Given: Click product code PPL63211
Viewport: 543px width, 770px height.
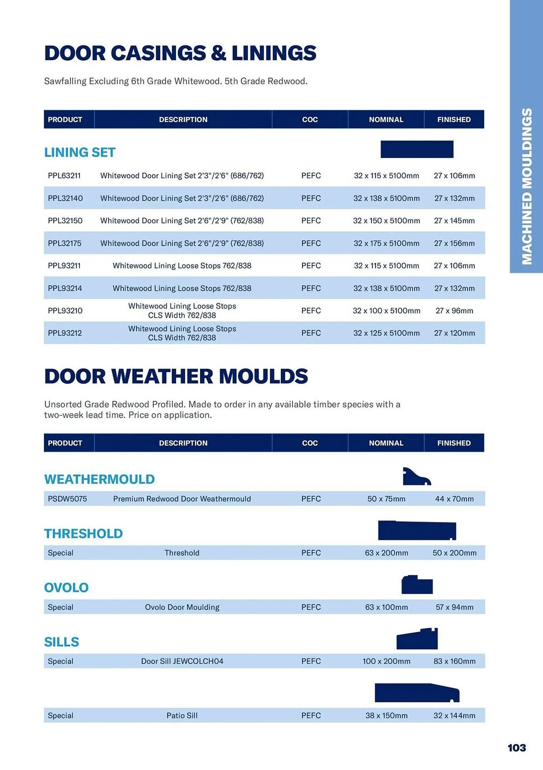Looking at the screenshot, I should click(x=64, y=176).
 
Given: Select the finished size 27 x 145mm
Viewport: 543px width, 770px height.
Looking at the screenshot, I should click(x=454, y=221).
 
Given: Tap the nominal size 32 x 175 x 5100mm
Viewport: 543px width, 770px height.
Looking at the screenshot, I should click(x=386, y=243).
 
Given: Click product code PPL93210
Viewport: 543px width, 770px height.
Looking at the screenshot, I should click(x=65, y=311).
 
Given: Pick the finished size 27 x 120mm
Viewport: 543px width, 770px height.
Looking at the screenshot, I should click(x=454, y=333).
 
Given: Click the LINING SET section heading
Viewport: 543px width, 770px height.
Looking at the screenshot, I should click(x=80, y=152).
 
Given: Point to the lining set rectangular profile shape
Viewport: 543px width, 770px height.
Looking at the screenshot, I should click(x=417, y=149).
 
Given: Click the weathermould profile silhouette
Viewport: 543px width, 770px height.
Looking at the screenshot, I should click(x=415, y=477).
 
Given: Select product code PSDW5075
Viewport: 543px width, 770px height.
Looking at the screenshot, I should click(x=67, y=499).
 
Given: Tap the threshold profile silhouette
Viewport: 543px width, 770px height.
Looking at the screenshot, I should click(x=417, y=531).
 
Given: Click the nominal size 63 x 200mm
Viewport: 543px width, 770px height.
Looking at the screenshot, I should click(x=386, y=553).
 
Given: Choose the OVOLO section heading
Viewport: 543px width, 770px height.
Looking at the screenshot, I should click(x=66, y=588).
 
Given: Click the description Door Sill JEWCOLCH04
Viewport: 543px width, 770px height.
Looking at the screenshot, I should click(x=182, y=661).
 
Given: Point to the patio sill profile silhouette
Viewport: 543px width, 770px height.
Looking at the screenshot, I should click(x=417, y=693).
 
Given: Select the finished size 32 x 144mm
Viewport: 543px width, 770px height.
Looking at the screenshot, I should click(x=454, y=716).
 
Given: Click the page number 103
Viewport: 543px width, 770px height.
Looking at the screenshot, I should click(x=516, y=748).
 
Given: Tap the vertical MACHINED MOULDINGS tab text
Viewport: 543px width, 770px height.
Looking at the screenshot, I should click(x=526, y=186).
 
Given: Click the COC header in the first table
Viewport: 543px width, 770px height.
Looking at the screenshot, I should click(x=310, y=120).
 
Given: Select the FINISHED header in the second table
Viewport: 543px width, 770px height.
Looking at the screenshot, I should click(x=454, y=443).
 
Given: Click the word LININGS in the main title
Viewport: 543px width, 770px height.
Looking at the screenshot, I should click(x=274, y=53).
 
